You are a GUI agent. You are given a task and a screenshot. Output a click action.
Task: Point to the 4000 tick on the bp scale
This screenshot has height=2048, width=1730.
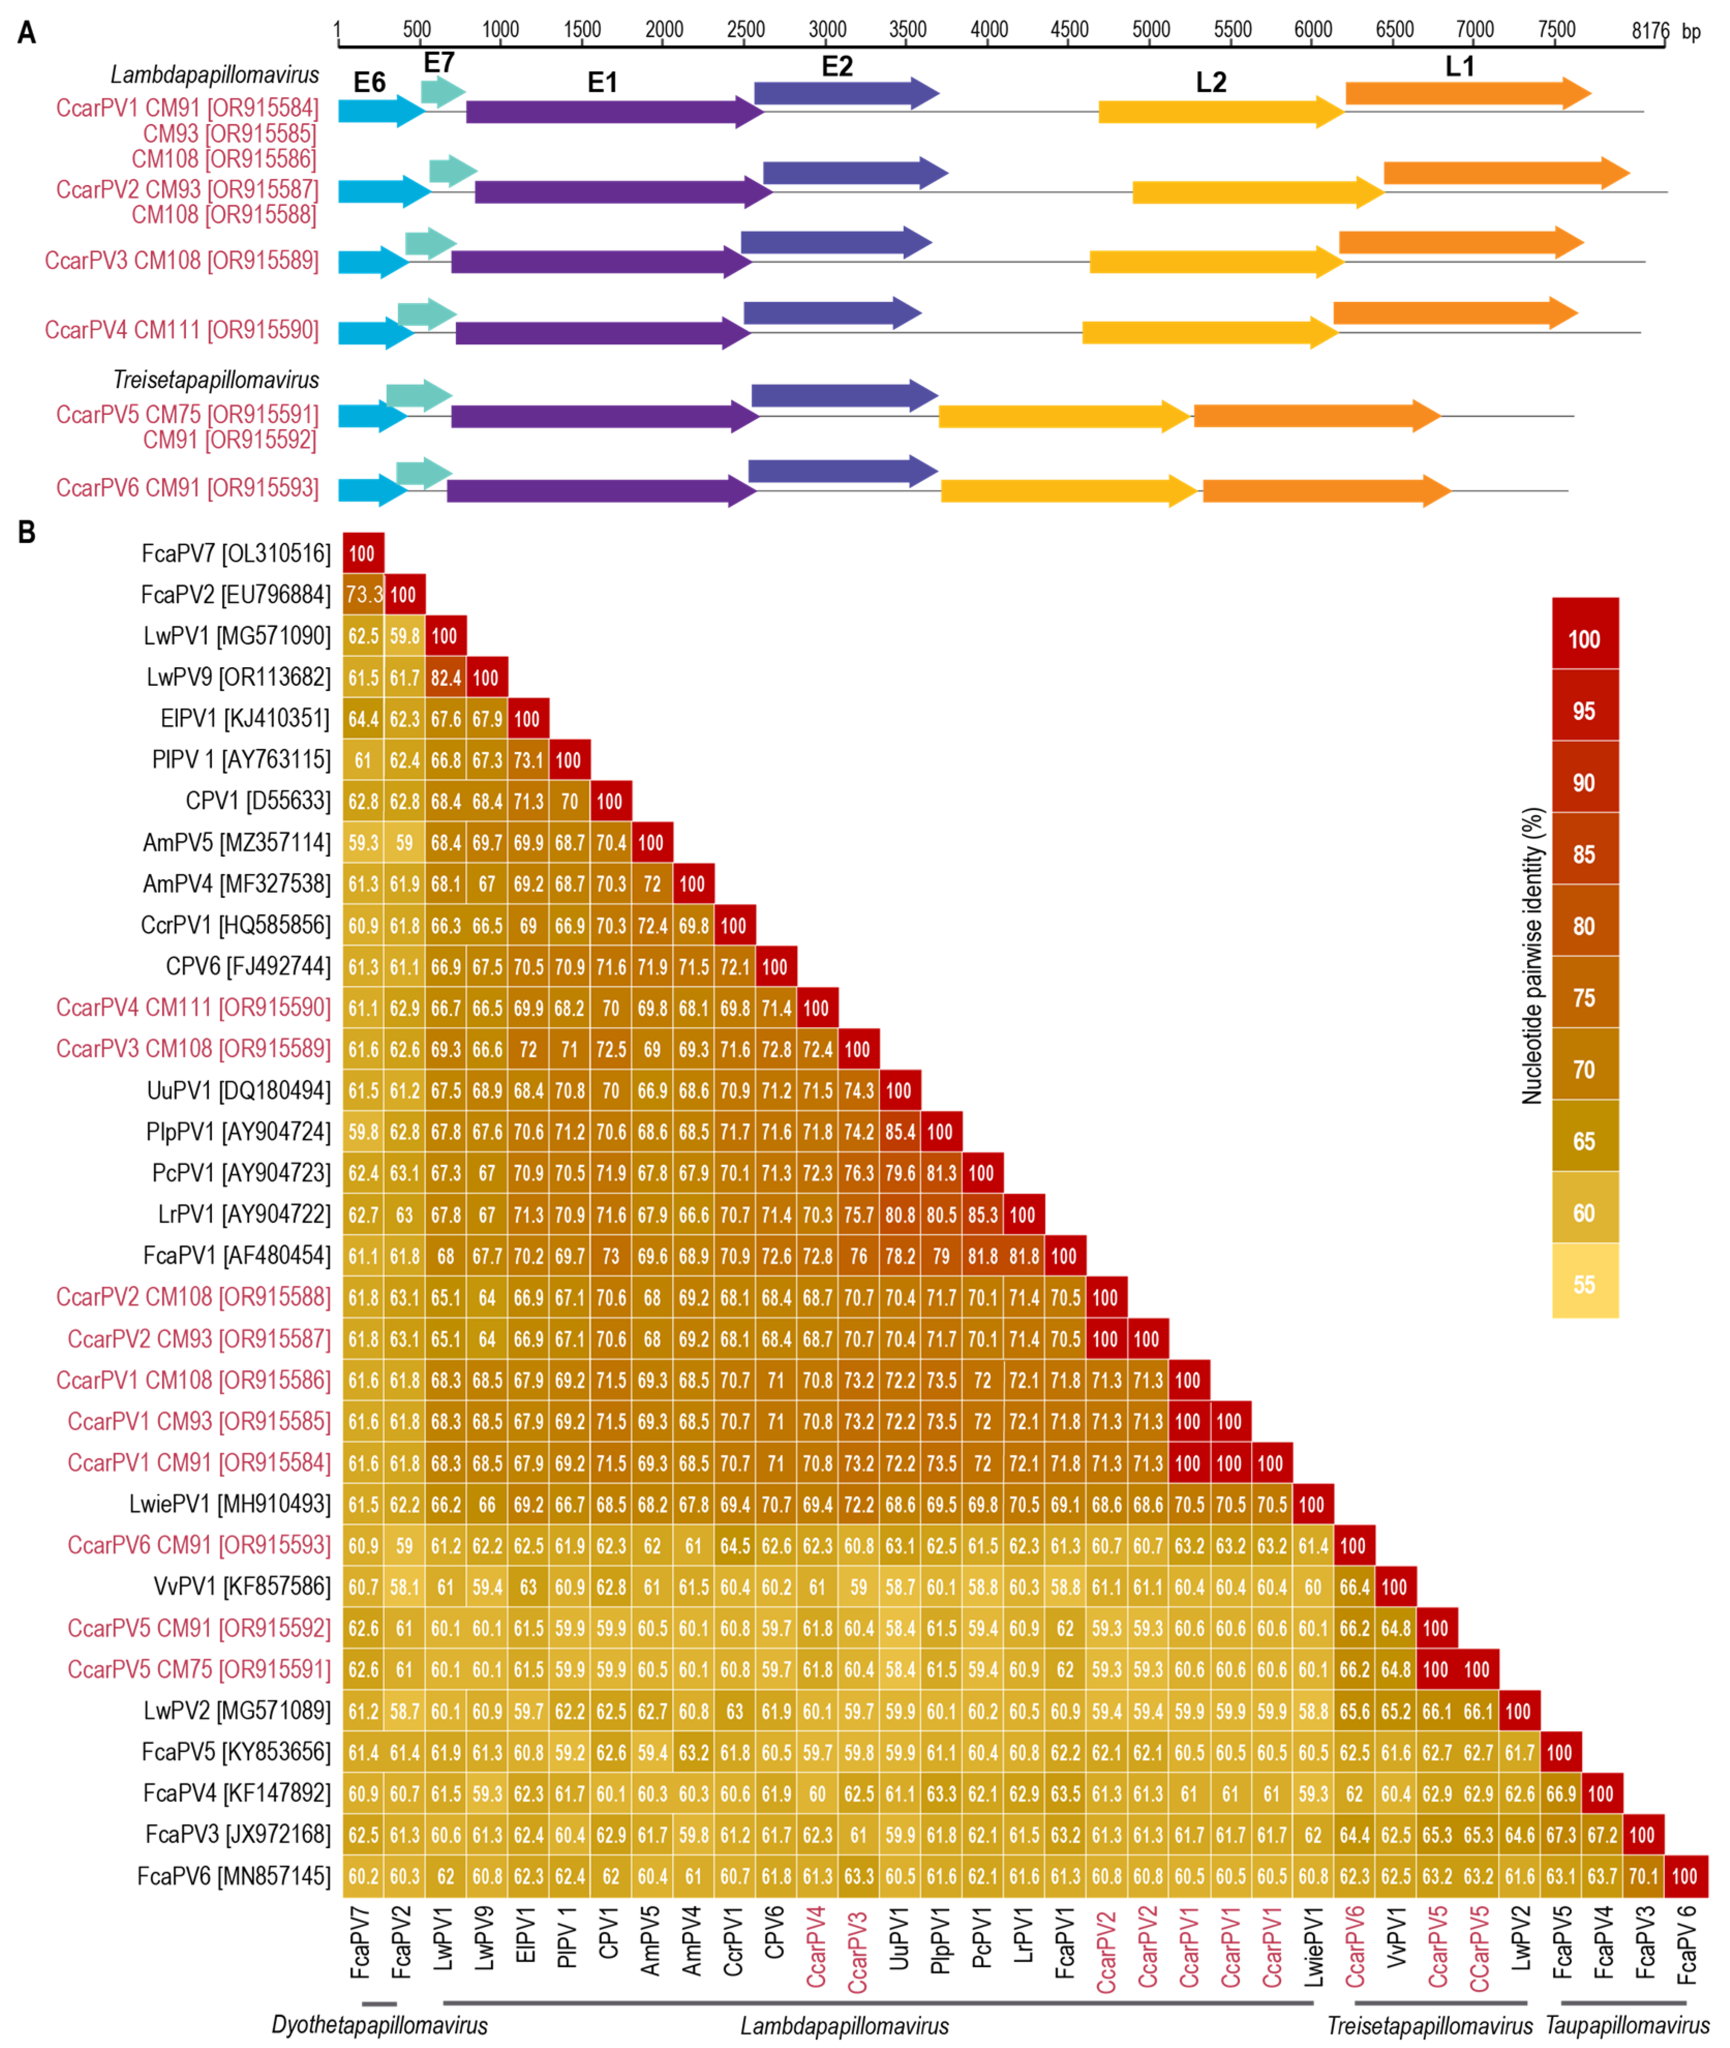[989, 29]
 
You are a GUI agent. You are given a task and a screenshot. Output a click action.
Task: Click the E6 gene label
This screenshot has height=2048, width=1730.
[370, 82]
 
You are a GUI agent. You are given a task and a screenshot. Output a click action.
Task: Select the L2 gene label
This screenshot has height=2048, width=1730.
[1211, 82]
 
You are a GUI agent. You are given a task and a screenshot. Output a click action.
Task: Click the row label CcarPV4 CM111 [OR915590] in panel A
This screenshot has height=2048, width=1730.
[181, 329]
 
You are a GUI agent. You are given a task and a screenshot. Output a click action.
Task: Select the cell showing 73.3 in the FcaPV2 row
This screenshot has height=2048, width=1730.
[363, 594]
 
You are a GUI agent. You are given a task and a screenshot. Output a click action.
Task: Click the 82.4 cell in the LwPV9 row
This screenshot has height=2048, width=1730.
[445, 678]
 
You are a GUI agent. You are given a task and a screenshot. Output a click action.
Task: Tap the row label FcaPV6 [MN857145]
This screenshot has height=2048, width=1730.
[233, 1876]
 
